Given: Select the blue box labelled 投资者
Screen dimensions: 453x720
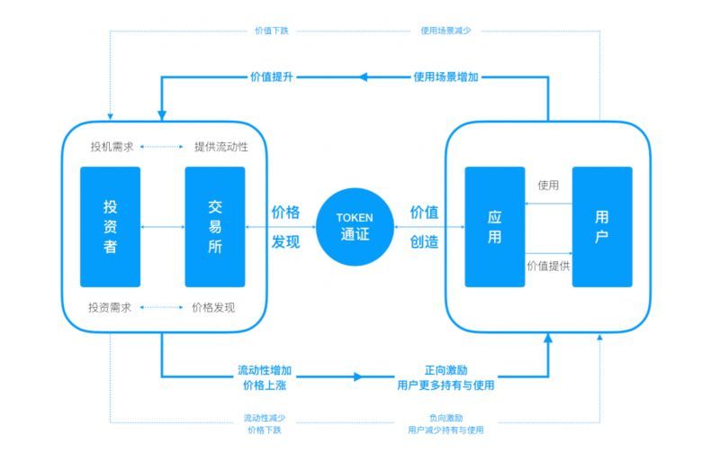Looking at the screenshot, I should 110,226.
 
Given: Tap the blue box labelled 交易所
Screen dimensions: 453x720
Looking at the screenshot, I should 215,226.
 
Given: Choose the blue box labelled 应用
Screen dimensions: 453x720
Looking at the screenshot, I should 494,226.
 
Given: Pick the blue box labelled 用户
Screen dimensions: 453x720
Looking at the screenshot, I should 602,226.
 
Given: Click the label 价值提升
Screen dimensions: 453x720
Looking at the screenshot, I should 272,77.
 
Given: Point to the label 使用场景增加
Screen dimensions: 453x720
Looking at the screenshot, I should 445,77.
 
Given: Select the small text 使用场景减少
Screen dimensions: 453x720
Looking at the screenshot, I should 445,31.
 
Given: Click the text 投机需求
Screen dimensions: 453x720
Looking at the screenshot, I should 111,146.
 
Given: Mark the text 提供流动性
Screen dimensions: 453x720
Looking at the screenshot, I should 220,146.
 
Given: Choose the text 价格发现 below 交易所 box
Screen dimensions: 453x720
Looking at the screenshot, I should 214,307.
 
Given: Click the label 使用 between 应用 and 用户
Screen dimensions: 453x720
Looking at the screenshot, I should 548,186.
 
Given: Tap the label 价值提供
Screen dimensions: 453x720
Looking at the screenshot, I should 548,266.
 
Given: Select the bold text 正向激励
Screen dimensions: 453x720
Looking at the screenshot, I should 445,370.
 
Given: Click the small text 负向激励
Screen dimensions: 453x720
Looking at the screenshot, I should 445,418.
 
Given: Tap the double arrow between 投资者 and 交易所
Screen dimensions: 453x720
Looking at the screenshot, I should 163,227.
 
